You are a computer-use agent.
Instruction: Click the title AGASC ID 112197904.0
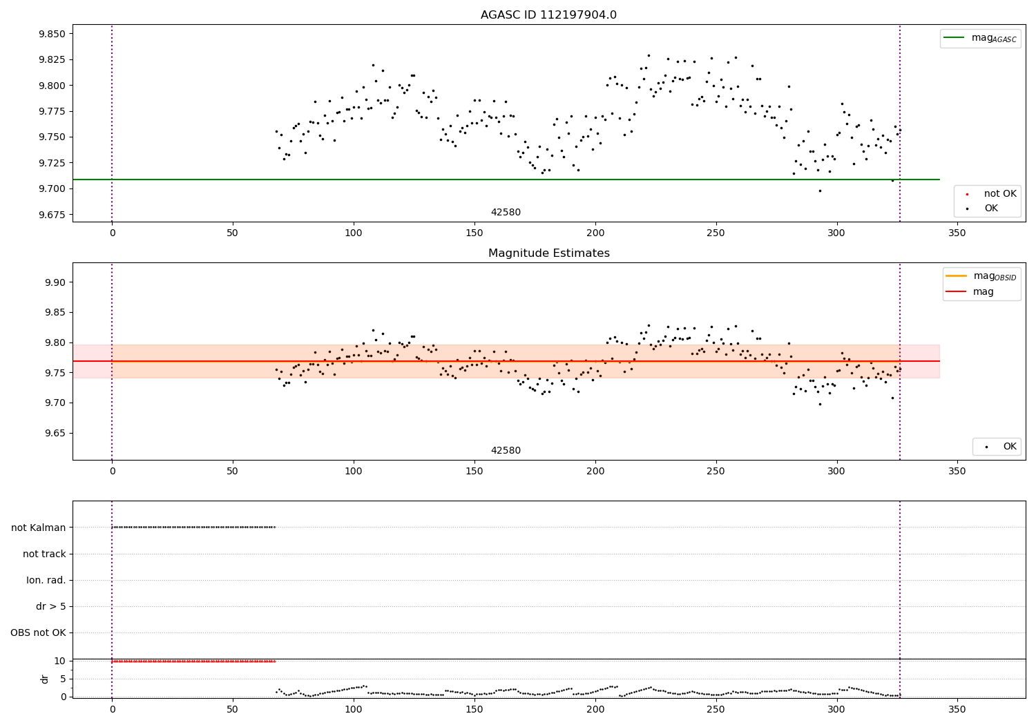pos(548,15)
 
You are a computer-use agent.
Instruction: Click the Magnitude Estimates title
pos(548,253)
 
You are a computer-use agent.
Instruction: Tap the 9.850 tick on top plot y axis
pos(52,34)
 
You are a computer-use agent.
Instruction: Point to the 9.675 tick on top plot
pos(52,215)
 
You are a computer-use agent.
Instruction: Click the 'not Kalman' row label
pos(39,528)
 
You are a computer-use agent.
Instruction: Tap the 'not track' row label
pos(44,554)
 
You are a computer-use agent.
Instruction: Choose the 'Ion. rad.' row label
pos(46,580)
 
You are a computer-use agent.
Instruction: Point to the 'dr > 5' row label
pos(51,606)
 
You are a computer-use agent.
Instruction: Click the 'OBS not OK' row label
pos(39,632)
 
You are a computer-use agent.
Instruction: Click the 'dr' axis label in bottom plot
pos(45,679)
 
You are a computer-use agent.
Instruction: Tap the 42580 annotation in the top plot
pos(506,213)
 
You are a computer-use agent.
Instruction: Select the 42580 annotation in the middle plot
pos(506,451)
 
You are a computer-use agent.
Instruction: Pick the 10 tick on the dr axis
pos(59,661)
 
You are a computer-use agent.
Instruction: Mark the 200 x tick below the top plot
pos(595,233)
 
